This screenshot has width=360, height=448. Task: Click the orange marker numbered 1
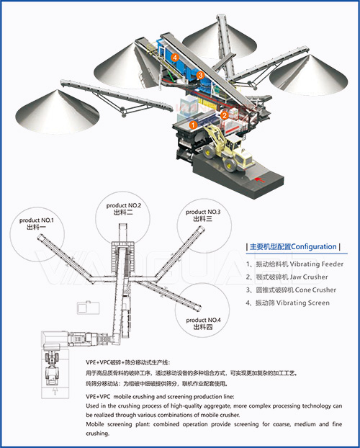(194, 125)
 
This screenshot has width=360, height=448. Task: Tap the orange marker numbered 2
(225, 115)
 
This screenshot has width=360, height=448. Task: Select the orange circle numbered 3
(201, 75)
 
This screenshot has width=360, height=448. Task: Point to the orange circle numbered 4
(175, 58)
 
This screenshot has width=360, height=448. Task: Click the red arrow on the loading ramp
(259, 180)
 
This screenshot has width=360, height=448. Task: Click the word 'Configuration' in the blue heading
(314, 246)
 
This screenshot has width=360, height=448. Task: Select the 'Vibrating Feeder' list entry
(316, 264)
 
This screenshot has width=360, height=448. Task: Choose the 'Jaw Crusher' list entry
(309, 277)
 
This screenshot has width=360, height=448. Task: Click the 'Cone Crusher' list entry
(315, 290)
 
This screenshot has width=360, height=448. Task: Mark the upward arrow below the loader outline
(55, 391)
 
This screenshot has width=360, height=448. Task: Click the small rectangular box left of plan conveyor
(89, 308)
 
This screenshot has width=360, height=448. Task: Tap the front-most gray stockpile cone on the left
(57, 112)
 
